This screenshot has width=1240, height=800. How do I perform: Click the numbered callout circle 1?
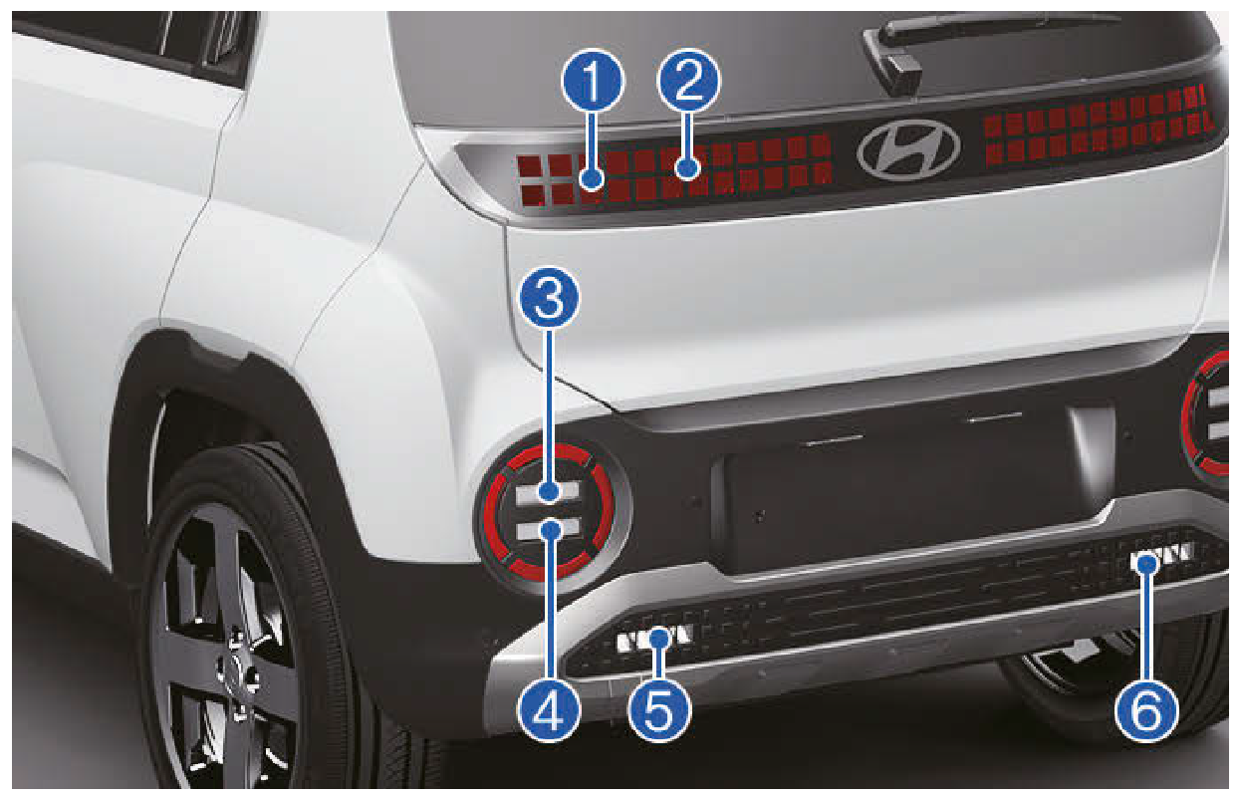pyautogui.click(x=593, y=82)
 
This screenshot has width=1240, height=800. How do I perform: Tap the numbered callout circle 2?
pyautogui.click(x=688, y=82)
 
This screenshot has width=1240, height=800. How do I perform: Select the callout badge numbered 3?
pyautogui.click(x=549, y=299)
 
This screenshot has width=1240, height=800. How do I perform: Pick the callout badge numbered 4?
pyautogui.click(x=549, y=709)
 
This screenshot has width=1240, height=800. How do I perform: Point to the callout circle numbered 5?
pyautogui.click(x=659, y=709)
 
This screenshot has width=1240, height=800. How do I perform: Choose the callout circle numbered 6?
pyautogui.click(x=1146, y=709)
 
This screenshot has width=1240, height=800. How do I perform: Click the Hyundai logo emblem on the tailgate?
pyautogui.click(x=908, y=150)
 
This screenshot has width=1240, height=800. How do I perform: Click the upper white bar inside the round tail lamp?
pyautogui.click(x=548, y=491)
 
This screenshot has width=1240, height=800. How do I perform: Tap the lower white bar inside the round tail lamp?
pyautogui.click(x=548, y=530)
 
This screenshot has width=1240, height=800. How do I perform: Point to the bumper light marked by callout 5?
pyautogui.click(x=655, y=640)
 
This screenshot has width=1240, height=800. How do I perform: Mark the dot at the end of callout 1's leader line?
pyautogui.click(x=593, y=179)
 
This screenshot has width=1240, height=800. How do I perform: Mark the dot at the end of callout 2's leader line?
pyautogui.click(x=688, y=167)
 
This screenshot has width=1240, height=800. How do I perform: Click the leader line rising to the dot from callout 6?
pyautogui.click(x=1146, y=627)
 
